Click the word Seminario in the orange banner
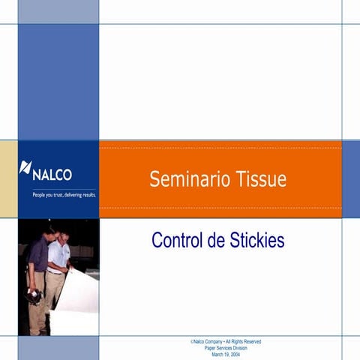point(181,179)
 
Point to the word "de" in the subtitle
point(214,241)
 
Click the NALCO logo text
point(52,174)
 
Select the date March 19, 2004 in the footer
point(226,354)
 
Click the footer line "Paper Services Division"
point(226,348)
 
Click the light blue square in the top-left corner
point(58,11)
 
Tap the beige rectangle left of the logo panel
point(8,178)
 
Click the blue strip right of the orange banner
point(350,178)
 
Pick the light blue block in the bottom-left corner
point(58,348)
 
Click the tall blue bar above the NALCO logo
point(58,81)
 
